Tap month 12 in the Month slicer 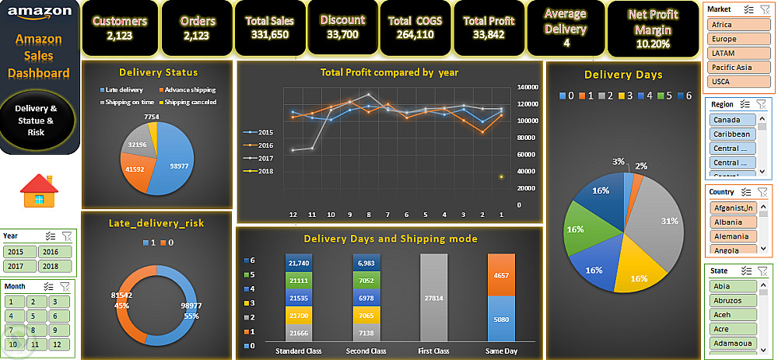(x=58, y=344)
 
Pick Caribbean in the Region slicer (x=732, y=134)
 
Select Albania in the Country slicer (x=732, y=222)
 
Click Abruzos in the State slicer (x=732, y=300)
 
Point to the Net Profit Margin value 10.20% (x=653, y=44)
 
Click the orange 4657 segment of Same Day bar (x=502, y=275)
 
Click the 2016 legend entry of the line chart (x=263, y=145)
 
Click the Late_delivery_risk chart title (x=156, y=223)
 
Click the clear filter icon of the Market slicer (x=762, y=9)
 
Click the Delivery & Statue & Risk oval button (x=37, y=121)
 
